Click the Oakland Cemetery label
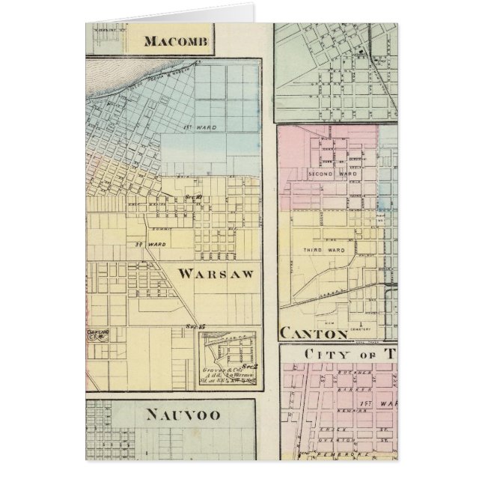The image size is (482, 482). [x=99, y=336]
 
